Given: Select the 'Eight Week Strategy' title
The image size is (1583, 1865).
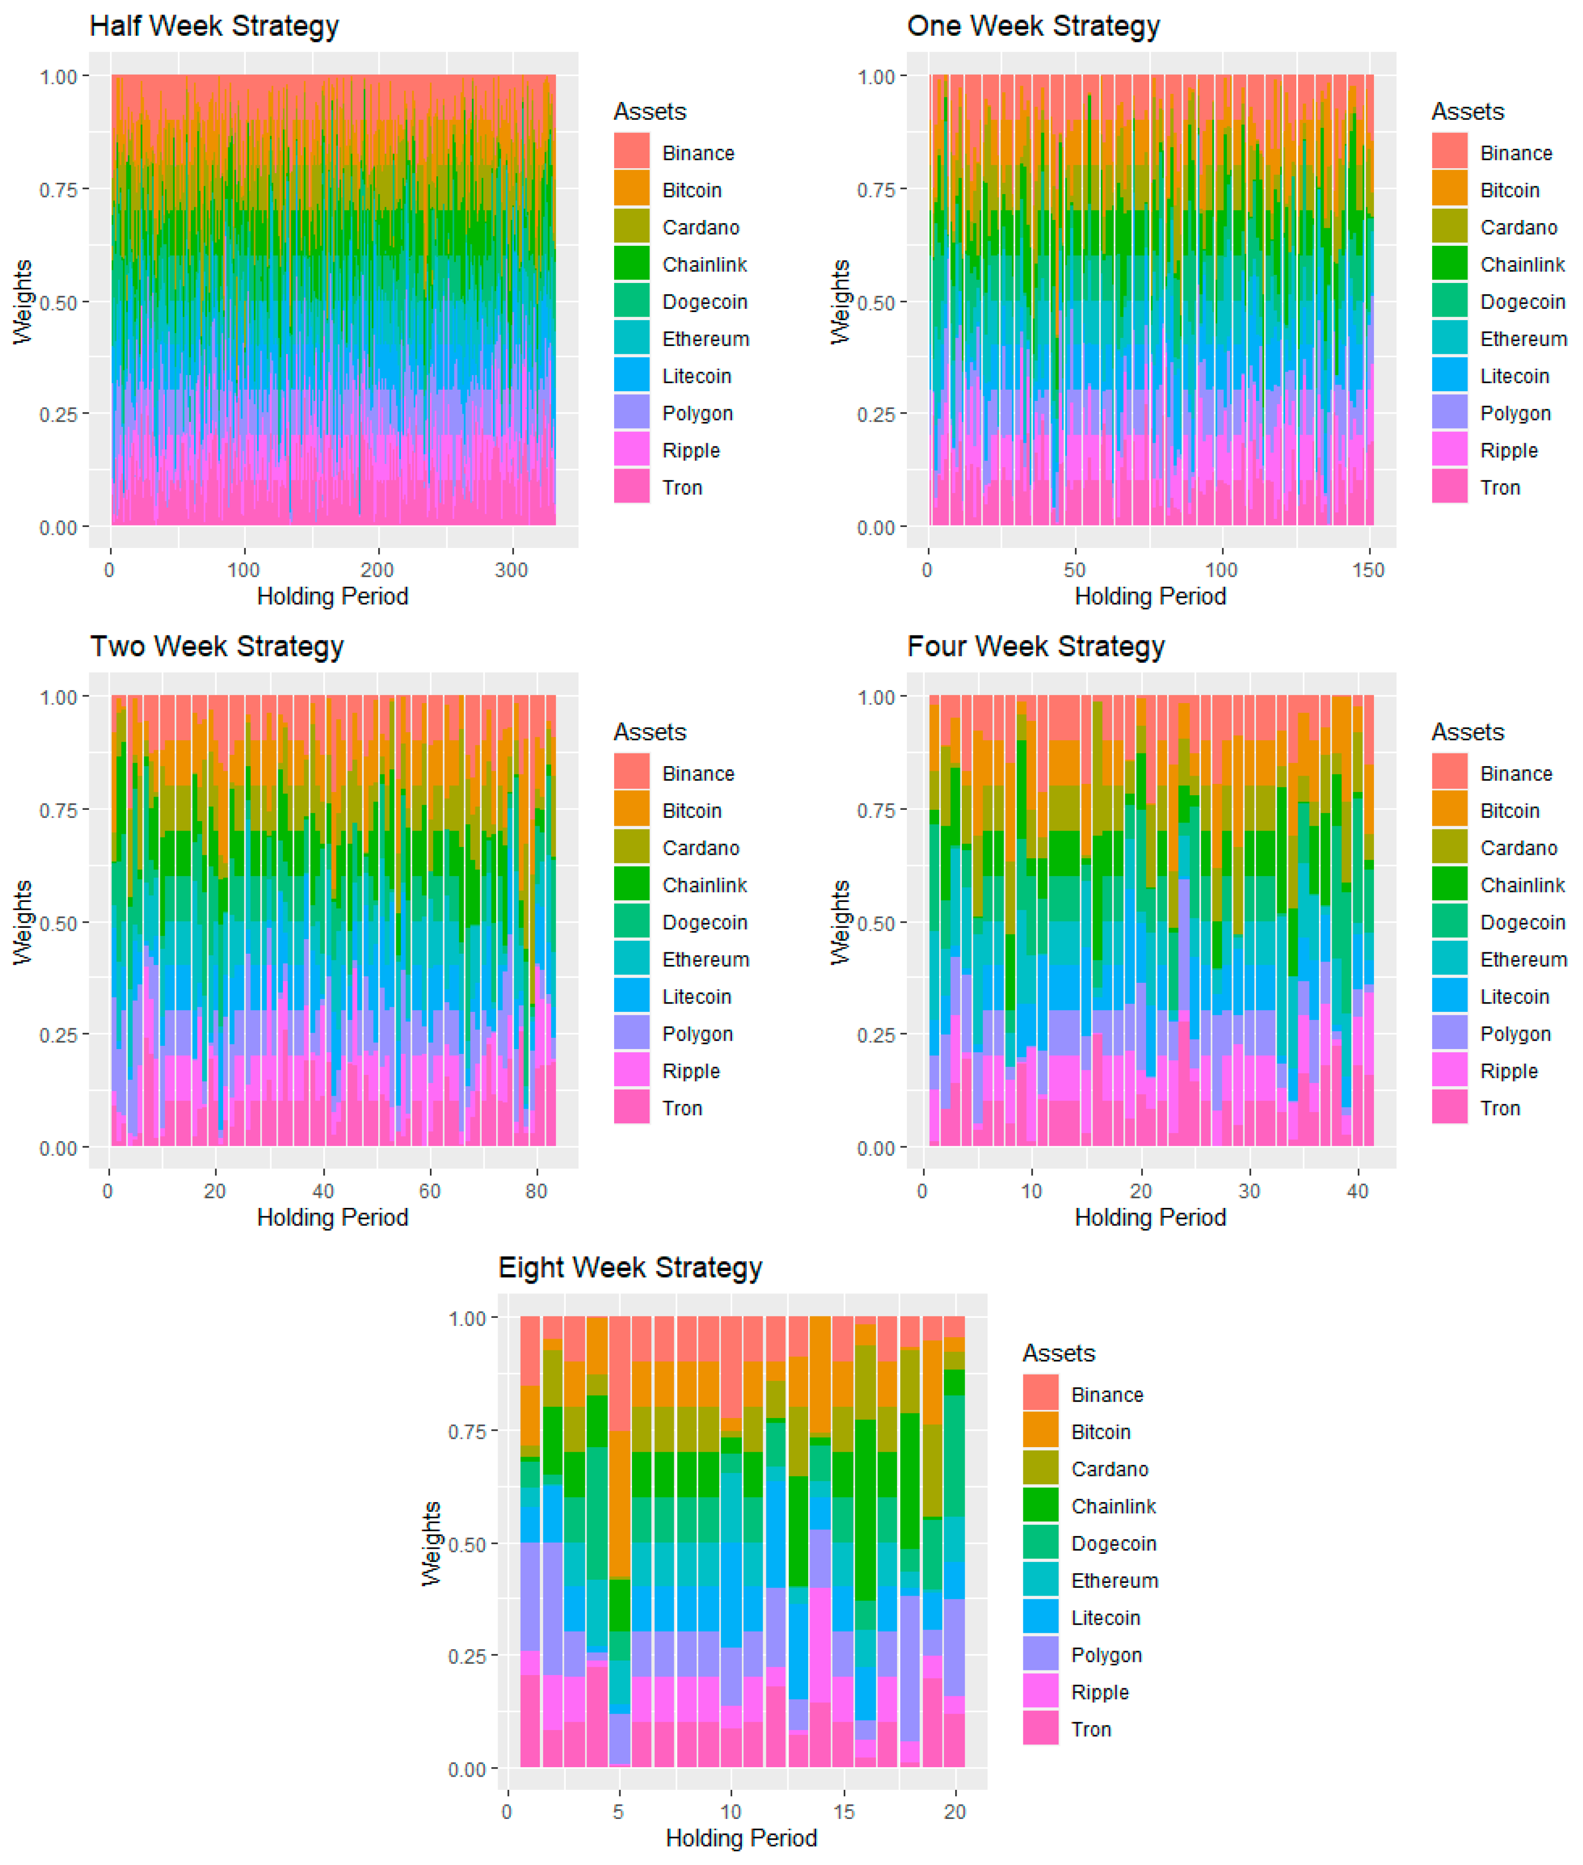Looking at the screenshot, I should (630, 1267).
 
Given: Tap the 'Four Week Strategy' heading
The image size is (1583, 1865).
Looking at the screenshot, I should (1036, 646).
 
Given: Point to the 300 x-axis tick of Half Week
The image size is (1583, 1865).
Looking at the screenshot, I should (512, 570).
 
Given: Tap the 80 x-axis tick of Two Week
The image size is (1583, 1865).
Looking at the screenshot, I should (536, 1191).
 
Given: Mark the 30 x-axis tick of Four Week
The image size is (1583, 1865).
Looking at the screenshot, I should (1249, 1191).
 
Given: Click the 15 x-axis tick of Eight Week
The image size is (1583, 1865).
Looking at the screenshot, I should (843, 1811).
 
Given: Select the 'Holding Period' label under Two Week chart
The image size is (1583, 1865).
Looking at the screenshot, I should (332, 1217).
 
